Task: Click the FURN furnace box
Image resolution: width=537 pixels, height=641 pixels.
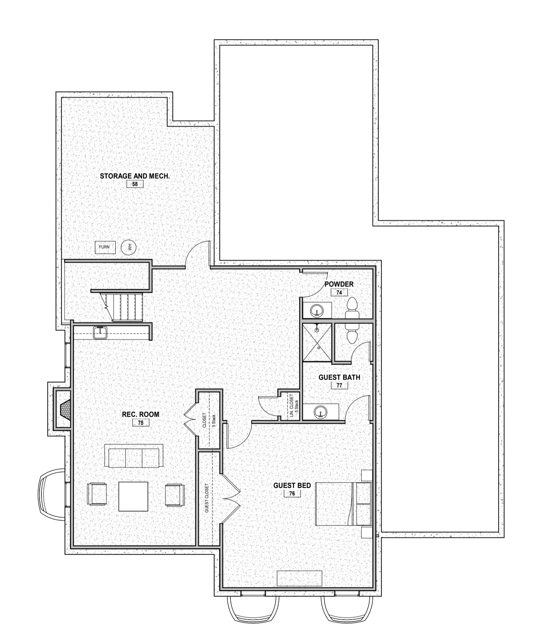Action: tap(105, 247)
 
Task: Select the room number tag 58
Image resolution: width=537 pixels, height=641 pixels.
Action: tap(135, 184)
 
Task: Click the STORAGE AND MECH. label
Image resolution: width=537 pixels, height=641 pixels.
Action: tap(135, 176)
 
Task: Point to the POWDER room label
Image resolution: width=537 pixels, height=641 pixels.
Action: tap(339, 284)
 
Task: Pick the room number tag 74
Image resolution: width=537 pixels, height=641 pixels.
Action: tap(339, 292)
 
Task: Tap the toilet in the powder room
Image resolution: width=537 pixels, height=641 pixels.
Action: tap(352, 309)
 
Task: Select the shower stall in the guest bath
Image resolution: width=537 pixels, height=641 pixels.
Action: tap(317, 342)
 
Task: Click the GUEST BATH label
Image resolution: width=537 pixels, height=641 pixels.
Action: tap(339, 377)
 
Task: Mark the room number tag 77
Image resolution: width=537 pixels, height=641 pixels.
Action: tap(339, 385)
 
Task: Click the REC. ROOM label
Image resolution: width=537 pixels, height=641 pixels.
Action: tap(140, 414)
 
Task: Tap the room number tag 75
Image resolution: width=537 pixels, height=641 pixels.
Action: tap(141, 423)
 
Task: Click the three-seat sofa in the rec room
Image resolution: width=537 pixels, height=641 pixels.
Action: tap(134, 456)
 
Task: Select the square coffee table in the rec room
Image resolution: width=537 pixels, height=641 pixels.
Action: tap(133, 496)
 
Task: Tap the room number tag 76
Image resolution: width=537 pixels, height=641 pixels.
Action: tap(292, 494)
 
